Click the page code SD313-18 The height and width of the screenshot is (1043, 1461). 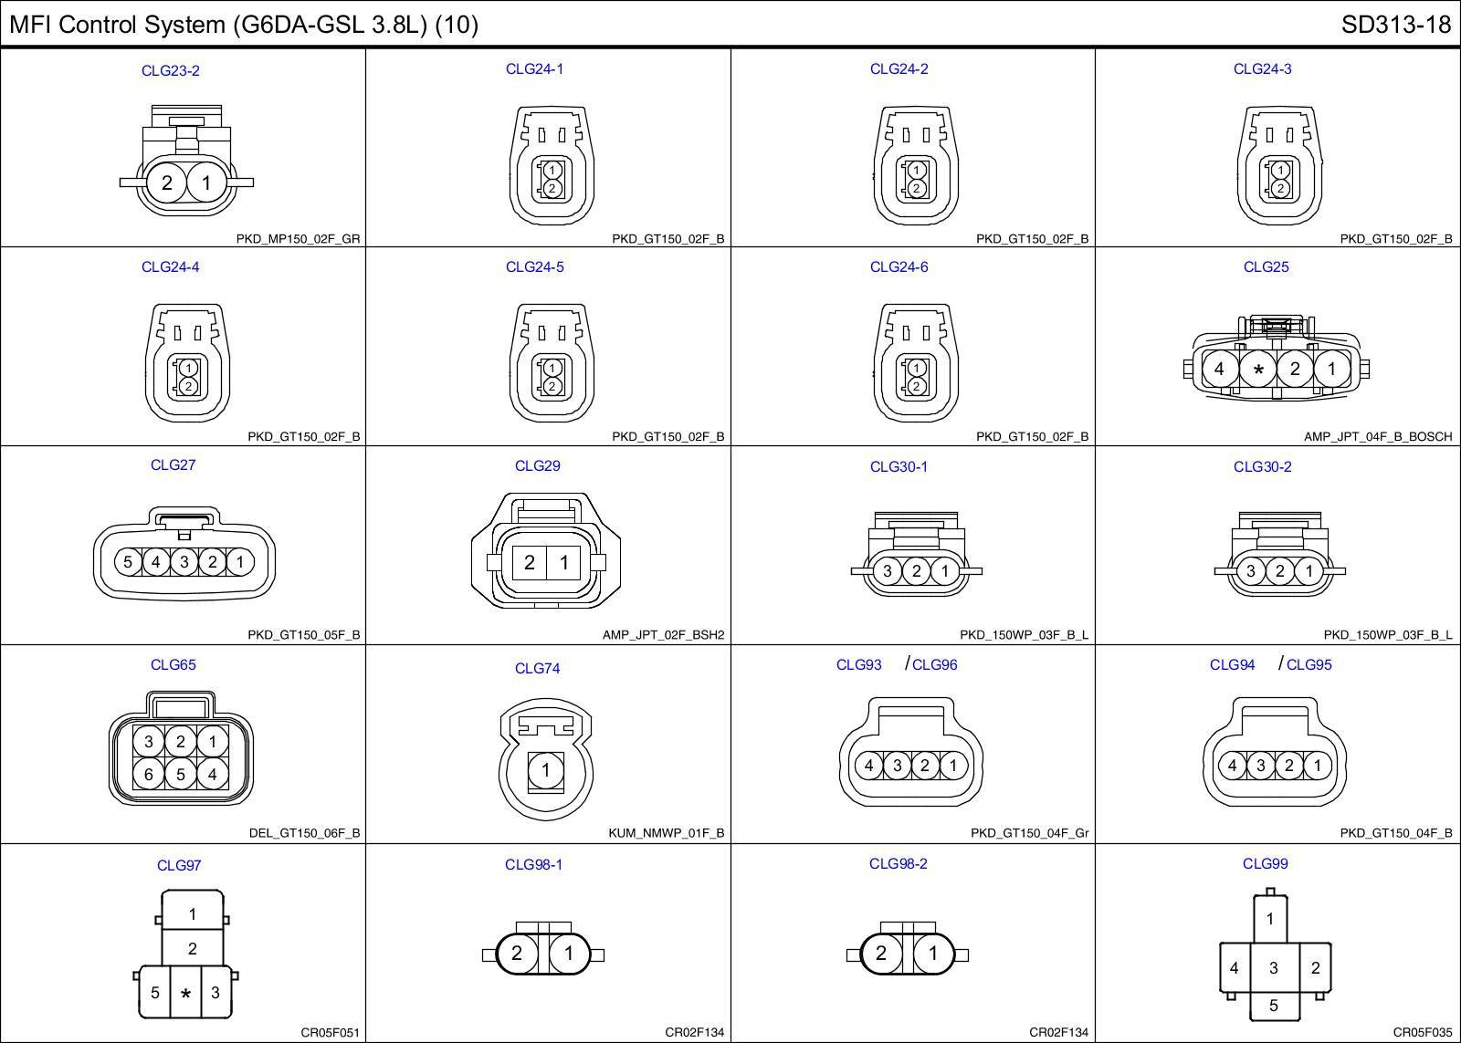1396,25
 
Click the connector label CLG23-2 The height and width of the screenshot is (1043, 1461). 170,70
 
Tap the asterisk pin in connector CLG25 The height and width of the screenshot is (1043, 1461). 1258,370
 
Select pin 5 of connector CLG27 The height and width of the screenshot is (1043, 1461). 128,561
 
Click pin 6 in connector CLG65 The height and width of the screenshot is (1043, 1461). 149,774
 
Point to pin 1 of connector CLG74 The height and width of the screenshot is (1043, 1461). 546,770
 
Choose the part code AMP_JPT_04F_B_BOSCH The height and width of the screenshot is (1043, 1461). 1378,437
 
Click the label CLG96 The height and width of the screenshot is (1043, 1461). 935,664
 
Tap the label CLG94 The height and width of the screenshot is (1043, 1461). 1232,664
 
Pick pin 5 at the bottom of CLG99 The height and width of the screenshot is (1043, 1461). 1274,1006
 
